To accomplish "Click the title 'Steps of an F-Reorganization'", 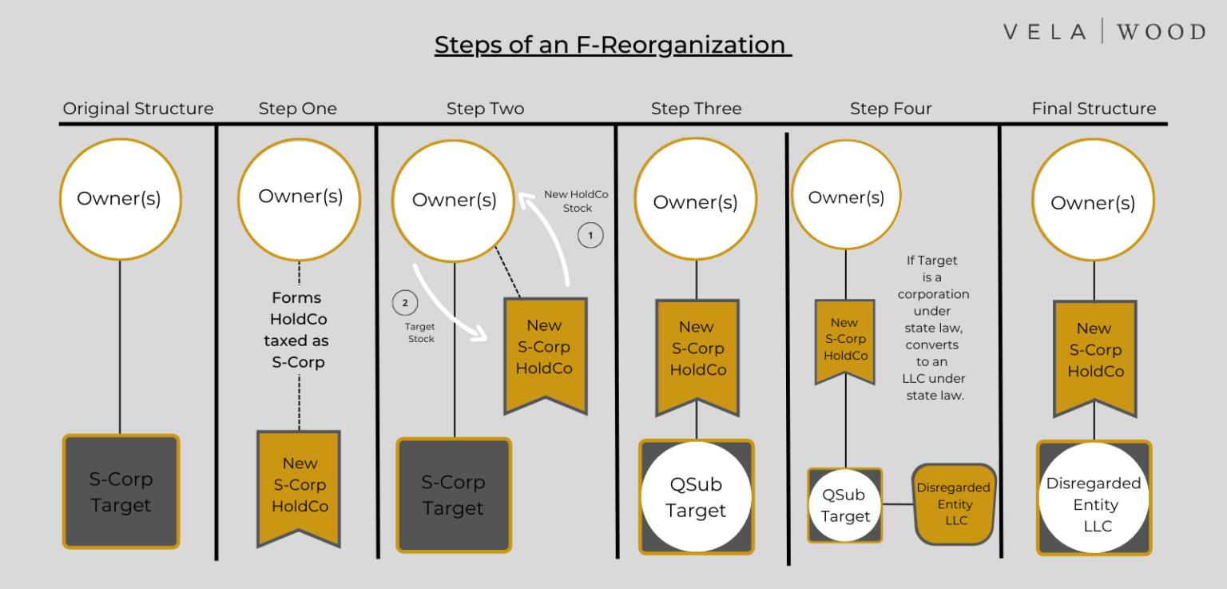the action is coord(613,45).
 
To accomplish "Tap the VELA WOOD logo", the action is coord(1104,31).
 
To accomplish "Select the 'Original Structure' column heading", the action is coord(138,109).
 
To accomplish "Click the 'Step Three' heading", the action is coord(697,109).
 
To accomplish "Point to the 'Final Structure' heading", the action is coord(1094,109).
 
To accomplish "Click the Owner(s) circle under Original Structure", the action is coord(120,199).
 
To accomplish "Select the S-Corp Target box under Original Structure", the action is coord(121,491).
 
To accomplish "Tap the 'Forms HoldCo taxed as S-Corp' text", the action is coord(297,330).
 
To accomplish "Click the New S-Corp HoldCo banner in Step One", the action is coord(299,488).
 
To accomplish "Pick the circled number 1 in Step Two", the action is coord(590,236).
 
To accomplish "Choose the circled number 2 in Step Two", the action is coord(405,303).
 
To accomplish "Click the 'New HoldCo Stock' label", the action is coord(576,201).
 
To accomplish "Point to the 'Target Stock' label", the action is coord(420,332).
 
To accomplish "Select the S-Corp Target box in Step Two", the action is coord(454,495).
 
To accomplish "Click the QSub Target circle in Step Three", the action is coord(696,497).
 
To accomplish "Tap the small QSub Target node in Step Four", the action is coord(844,505).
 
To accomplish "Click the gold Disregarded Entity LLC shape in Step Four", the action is coord(954,504).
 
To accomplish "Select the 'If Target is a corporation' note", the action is coord(933,328).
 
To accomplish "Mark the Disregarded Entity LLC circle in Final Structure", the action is coord(1094,498).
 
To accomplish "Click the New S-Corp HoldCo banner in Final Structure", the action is coord(1095,357).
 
